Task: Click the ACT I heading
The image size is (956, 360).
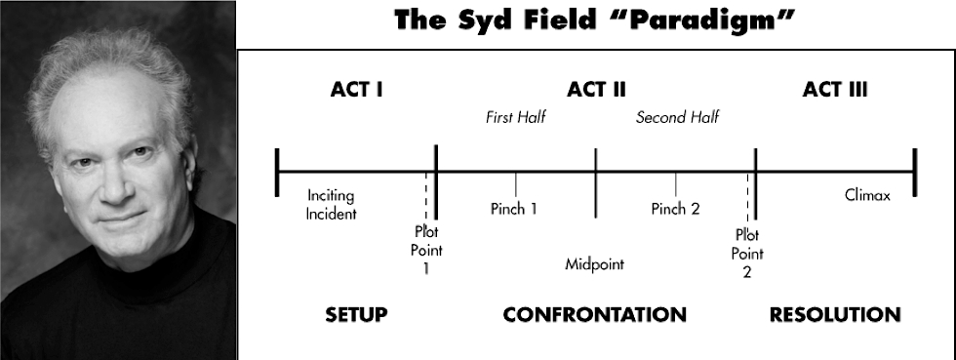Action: click(x=357, y=90)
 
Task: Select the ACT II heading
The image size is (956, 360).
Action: click(x=596, y=90)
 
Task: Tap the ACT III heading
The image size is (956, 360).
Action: click(x=835, y=90)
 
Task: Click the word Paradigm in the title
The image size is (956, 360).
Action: click(x=713, y=20)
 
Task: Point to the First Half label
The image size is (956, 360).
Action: click(x=515, y=117)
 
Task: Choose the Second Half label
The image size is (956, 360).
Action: click(x=677, y=117)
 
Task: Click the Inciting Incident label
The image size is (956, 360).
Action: click(x=331, y=205)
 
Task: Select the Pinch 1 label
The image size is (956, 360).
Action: click(x=514, y=209)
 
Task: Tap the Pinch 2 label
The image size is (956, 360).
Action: click(x=675, y=209)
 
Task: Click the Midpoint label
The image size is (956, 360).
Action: click(x=594, y=264)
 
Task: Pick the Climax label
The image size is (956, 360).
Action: click(x=867, y=195)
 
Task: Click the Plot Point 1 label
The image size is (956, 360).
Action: click(x=426, y=250)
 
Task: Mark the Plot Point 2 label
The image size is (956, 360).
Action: click(x=747, y=254)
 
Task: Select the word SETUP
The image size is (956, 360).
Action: click(x=356, y=315)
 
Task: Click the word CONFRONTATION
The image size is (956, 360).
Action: click(x=594, y=315)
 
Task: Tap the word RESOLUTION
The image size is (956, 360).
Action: click(x=835, y=315)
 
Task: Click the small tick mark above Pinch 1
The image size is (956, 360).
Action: click(x=516, y=183)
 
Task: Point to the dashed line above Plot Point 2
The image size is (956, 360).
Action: click(x=747, y=198)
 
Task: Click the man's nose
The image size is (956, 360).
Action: click(x=114, y=183)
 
